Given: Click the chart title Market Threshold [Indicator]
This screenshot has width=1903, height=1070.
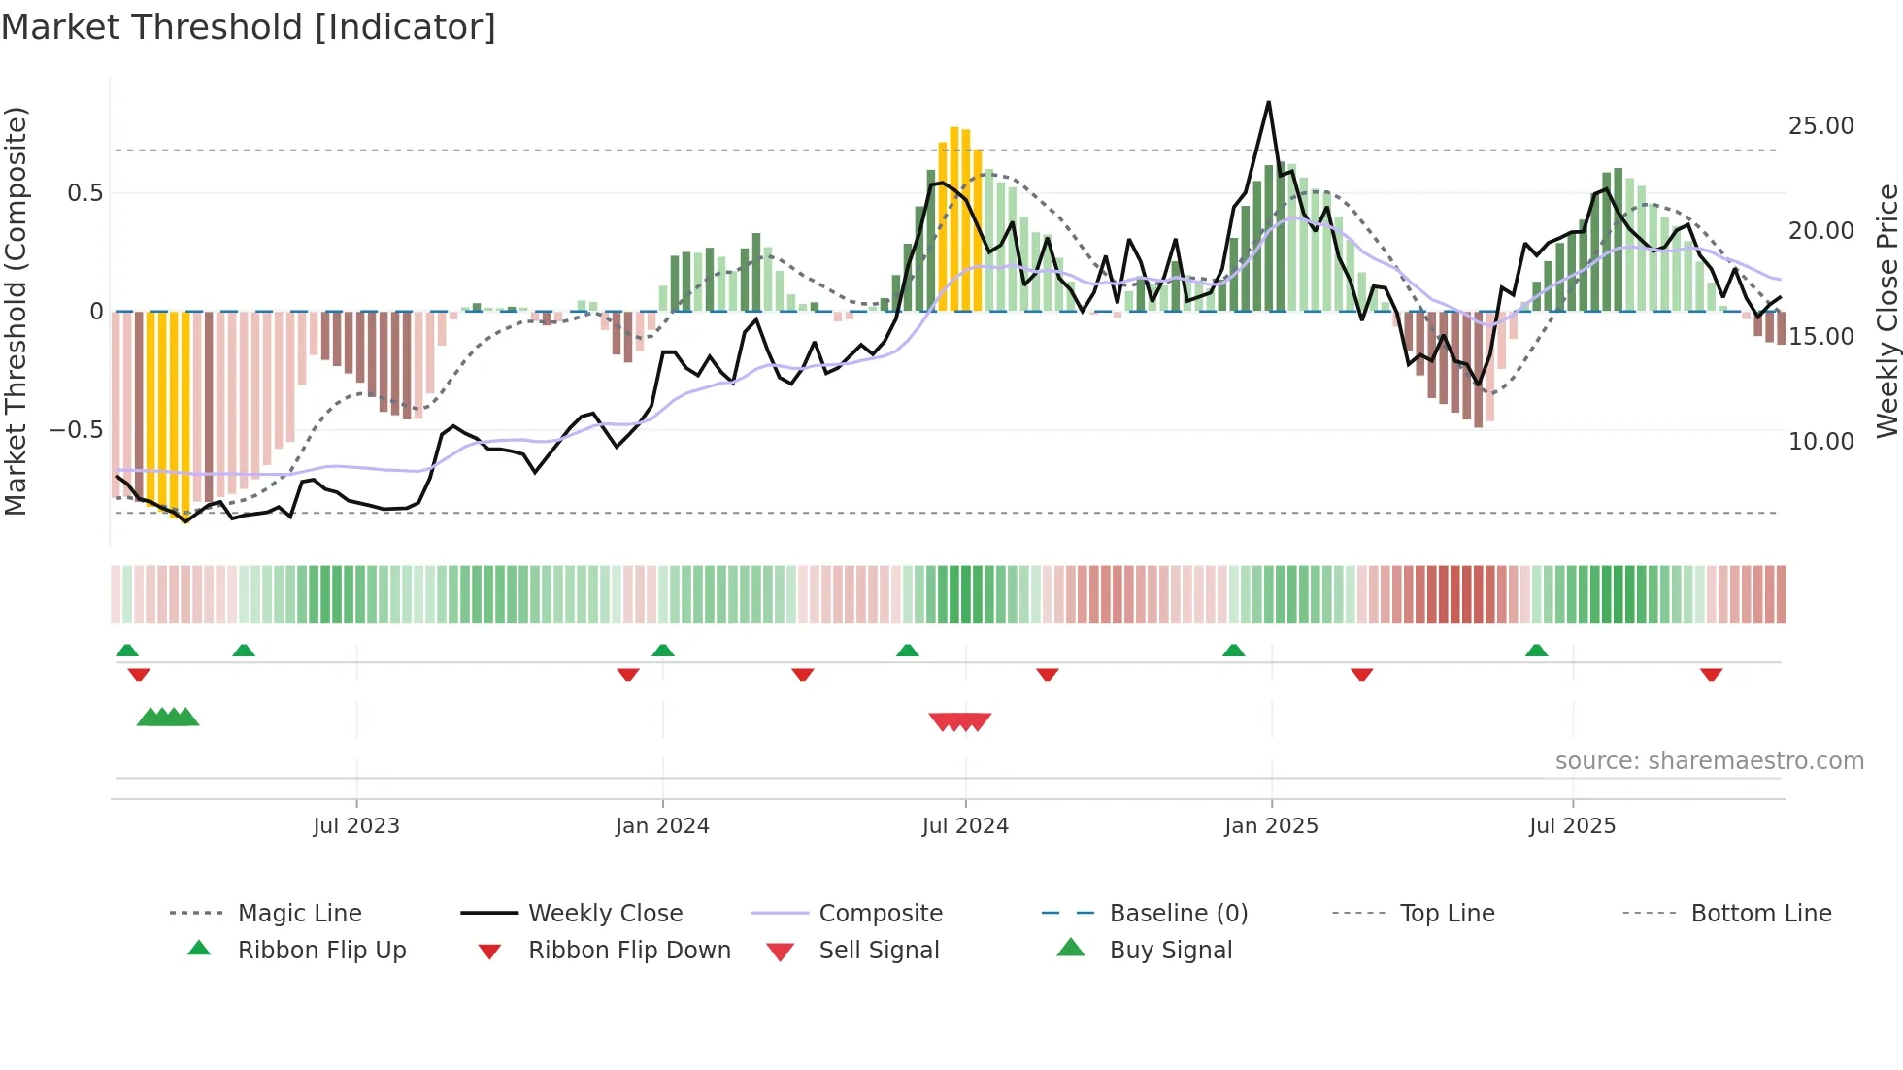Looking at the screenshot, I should (x=249, y=27).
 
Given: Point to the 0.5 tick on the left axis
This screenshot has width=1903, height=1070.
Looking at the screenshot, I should (x=84, y=193).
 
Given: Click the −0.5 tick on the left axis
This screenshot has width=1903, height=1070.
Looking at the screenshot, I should (x=77, y=429).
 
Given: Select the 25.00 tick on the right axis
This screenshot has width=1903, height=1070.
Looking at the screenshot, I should (x=1820, y=126).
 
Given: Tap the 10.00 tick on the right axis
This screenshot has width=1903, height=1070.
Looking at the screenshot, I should (x=1820, y=441).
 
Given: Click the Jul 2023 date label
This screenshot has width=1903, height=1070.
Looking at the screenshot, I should (x=356, y=826).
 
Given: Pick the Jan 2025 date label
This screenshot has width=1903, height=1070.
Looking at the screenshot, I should (x=1271, y=826).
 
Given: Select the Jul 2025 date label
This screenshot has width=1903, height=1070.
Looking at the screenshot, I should (x=1572, y=826).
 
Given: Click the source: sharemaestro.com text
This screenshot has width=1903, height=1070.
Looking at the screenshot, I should (x=1709, y=761).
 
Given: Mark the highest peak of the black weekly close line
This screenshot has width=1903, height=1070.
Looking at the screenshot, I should (x=1268, y=103).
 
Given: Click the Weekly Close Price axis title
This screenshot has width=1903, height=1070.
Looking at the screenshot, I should (x=1886, y=311).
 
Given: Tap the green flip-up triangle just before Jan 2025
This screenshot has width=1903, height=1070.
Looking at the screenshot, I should (x=1233, y=651).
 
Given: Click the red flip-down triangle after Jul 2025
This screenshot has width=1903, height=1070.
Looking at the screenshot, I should (x=1711, y=674).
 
